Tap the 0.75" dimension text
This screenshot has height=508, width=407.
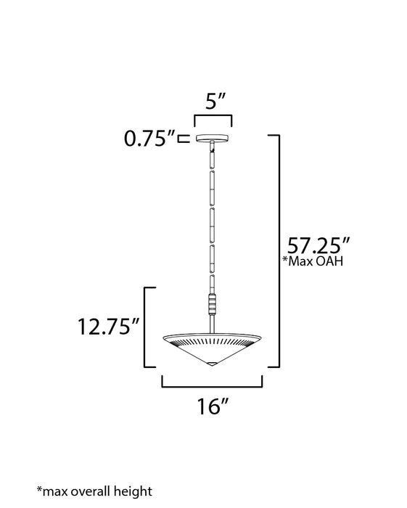pos(147,139)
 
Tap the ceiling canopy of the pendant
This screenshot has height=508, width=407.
pos(213,139)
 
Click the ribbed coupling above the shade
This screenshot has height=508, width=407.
pos(213,303)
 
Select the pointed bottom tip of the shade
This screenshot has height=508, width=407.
pos(213,364)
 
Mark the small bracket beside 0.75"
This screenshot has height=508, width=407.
pos(184,139)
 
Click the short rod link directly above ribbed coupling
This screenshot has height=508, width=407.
pos(213,283)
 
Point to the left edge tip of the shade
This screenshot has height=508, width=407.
pos(165,337)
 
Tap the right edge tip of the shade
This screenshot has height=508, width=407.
pos(261,337)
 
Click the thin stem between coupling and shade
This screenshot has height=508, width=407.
pos(213,321)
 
